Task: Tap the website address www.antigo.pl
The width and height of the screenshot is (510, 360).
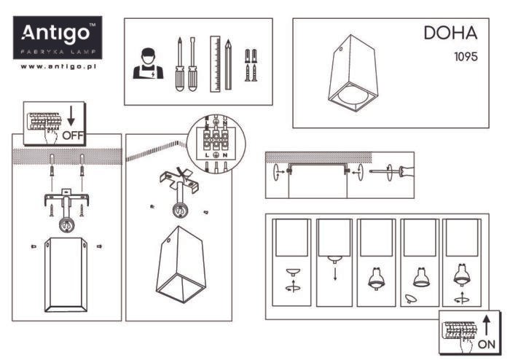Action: pos(59,66)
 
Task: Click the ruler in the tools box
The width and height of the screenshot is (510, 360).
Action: pos(215,63)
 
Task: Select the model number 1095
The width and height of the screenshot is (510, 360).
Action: pos(466,56)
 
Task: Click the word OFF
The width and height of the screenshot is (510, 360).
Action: pos(74,135)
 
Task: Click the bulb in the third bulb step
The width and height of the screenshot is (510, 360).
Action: pos(377,278)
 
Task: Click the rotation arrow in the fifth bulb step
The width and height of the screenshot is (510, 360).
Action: pos(460,298)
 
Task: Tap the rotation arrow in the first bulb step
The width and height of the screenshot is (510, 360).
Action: pos(291,287)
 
